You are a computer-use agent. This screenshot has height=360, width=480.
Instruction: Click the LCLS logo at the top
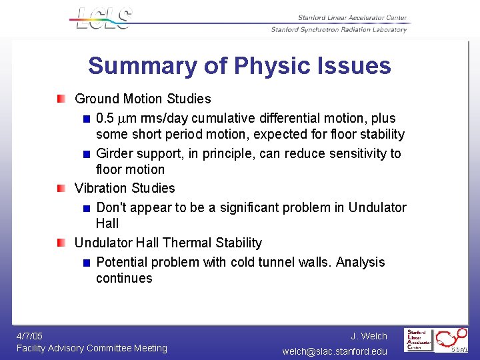click(x=104, y=18)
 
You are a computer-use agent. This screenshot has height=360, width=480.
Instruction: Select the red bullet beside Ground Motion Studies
click(x=61, y=99)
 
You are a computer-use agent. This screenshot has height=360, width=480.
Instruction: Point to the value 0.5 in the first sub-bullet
click(x=105, y=119)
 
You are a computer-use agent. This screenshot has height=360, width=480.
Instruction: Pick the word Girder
click(x=116, y=153)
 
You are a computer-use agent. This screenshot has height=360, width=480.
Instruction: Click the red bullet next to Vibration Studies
click(x=61, y=189)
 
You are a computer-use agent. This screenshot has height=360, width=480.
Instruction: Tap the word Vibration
click(x=102, y=189)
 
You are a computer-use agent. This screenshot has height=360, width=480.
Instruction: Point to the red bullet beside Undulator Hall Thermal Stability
click(x=61, y=243)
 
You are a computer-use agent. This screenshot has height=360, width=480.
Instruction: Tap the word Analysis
click(x=360, y=262)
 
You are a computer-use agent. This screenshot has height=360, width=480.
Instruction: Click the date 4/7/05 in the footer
click(x=30, y=336)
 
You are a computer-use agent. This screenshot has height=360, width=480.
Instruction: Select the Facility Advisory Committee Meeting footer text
click(x=92, y=348)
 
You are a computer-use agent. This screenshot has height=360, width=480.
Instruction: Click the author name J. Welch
click(x=369, y=336)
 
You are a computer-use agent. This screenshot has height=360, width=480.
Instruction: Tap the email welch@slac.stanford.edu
click(x=335, y=351)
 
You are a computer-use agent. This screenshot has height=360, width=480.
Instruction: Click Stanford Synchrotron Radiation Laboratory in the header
click(x=339, y=29)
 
